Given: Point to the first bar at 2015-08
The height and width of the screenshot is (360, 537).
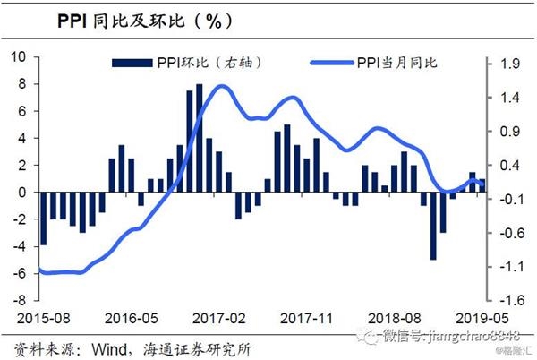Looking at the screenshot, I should (43, 219).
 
